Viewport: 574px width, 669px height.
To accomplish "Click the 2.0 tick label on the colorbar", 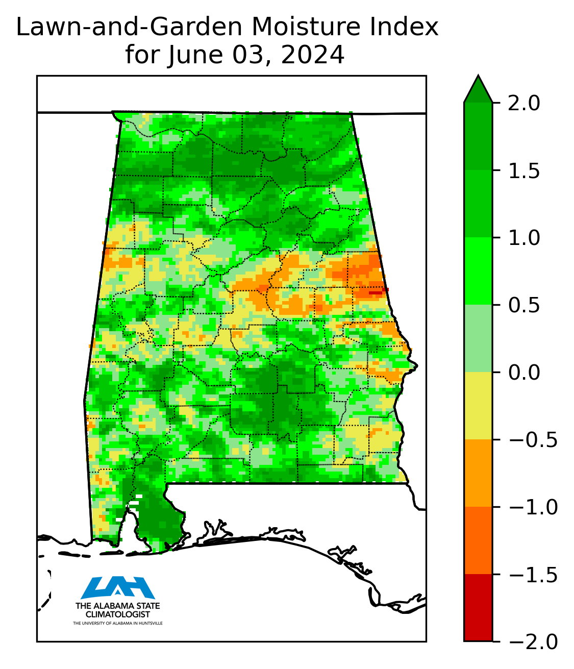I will click(x=524, y=103).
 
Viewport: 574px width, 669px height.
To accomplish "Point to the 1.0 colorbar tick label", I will click(x=524, y=238).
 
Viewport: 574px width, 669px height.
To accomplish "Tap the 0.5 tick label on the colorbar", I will click(x=524, y=305).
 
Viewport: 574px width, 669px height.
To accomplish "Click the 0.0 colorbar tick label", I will click(x=524, y=373).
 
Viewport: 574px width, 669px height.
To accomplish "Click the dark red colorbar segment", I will click(x=478, y=607).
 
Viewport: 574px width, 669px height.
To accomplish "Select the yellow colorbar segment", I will click(x=478, y=406).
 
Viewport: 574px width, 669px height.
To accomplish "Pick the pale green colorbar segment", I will click(x=478, y=338).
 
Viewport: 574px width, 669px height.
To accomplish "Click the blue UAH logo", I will click(x=118, y=587).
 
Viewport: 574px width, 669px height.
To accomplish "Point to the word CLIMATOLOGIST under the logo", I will click(x=118, y=614).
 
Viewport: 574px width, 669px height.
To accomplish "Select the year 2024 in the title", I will click(x=313, y=55).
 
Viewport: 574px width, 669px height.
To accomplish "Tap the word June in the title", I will click(x=197, y=55).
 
